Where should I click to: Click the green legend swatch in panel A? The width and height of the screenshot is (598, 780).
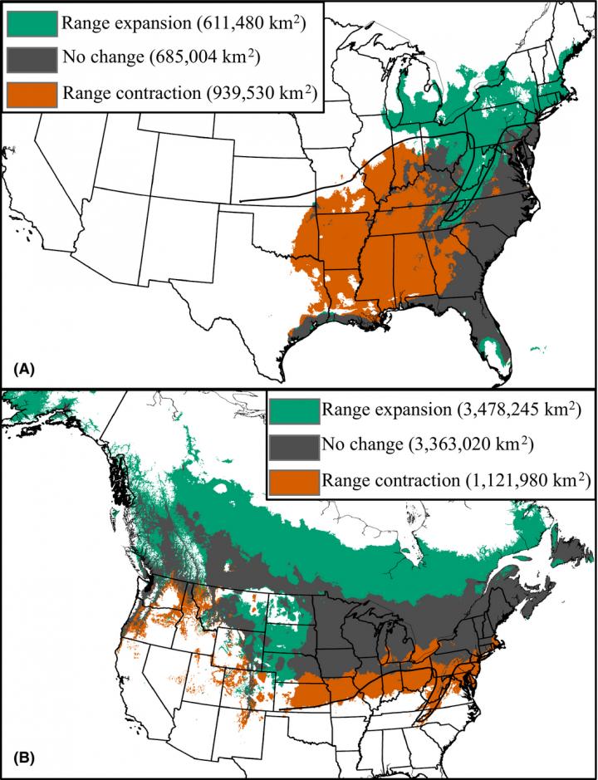pyautogui.click(x=32, y=23)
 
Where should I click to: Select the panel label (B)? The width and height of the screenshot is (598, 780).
pyautogui.click(x=20, y=758)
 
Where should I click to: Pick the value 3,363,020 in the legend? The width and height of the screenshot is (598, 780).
pyautogui.click(x=451, y=445)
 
